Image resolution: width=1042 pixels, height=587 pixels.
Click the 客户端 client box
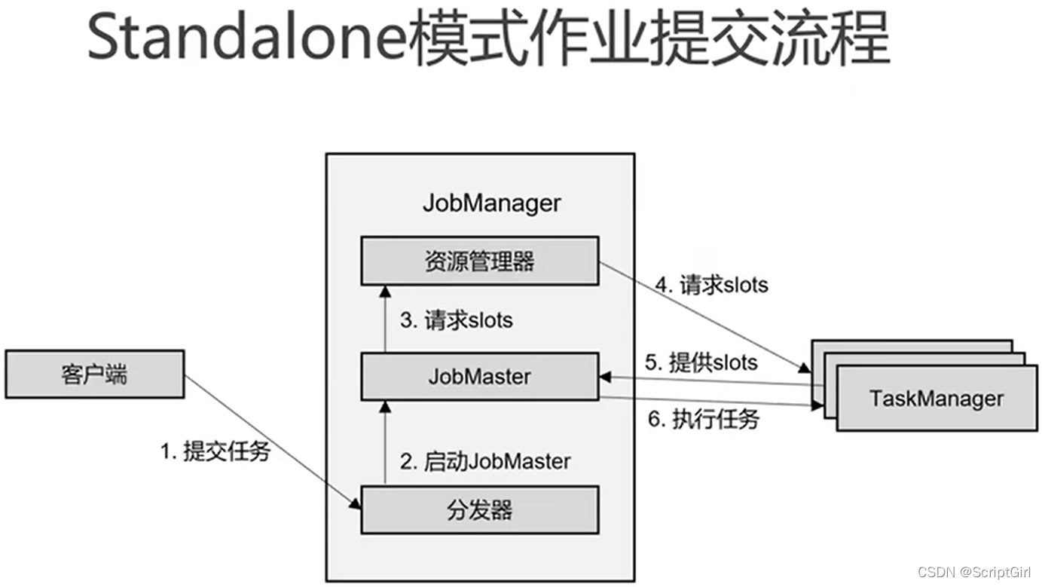pyautogui.click(x=94, y=374)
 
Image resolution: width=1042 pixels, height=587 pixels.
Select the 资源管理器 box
pyautogui.click(x=480, y=261)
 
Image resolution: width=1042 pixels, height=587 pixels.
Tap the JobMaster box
pyautogui.click(x=480, y=377)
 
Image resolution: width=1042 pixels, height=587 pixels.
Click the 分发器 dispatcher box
pyautogui.click(x=480, y=510)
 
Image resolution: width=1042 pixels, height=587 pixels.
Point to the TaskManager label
pyautogui.click(x=937, y=399)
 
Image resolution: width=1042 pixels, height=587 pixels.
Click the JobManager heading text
pyautogui.click(x=491, y=203)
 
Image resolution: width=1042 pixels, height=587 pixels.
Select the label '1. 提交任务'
pyautogui.click(x=215, y=452)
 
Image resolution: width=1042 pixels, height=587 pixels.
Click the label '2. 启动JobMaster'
pyautogui.click(x=485, y=461)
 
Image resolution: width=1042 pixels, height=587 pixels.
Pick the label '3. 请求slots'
pyautogui.click(x=457, y=320)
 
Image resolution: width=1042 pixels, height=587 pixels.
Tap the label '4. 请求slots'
pyautogui.click(x=712, y=285)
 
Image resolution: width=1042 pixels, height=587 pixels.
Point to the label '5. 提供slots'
pyautogui.click(x=701, y=362)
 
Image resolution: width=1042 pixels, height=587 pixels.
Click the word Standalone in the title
pyautogui.click(x=247, y=39)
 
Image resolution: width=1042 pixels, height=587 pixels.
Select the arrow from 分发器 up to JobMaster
pyautogui.click(x=386, y=445)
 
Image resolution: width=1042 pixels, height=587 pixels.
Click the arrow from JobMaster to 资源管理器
pyautogui.click(x=386, y=320)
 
